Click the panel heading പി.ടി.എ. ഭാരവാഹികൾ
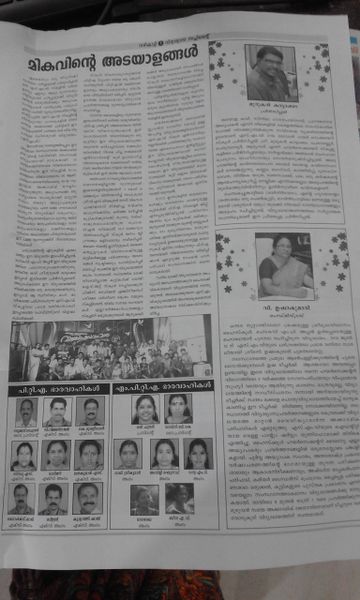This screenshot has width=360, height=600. tap(55, 386)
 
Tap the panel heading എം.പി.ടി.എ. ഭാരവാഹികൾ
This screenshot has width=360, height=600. tap(160, 386)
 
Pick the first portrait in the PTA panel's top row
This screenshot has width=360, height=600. tap(27, 411)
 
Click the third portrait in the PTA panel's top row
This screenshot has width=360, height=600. tap(90, 411)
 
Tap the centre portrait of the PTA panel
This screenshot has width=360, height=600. tap(57, 455)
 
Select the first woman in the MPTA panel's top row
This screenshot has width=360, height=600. tap(145, 408)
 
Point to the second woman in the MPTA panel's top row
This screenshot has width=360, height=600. tap(179, 408)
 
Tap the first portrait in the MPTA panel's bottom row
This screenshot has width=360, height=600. tap(144, 499)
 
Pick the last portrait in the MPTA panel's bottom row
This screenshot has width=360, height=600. tap(179, 499)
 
